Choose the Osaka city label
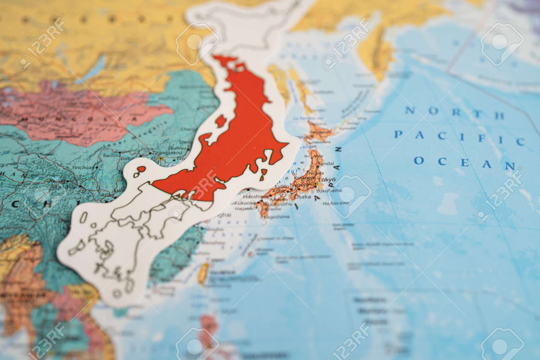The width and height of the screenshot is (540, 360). (x=303, y=197)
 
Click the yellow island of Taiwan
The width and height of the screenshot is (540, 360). (x=203, y=274)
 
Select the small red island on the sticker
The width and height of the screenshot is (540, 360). (x=220, y=121)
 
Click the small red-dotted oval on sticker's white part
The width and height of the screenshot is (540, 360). (x=141, y=169)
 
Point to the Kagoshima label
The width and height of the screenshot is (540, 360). (x=277, y=216)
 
